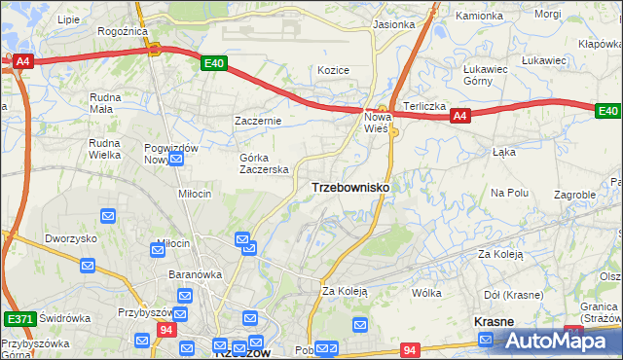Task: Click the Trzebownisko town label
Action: [350, 187]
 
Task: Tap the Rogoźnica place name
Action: [122, 31]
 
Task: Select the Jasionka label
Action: [393, 24]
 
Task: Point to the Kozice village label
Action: [333, 70]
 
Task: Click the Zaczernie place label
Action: [258, 121]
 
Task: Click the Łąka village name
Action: [503, 152]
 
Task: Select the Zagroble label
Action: [574, 195]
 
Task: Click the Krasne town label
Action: [494, 321]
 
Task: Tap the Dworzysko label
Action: [71, 238]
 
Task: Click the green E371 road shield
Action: [18, 318]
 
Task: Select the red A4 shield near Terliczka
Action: [461, 117]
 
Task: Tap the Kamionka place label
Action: [480, 17]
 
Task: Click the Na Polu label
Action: [509, 193]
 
